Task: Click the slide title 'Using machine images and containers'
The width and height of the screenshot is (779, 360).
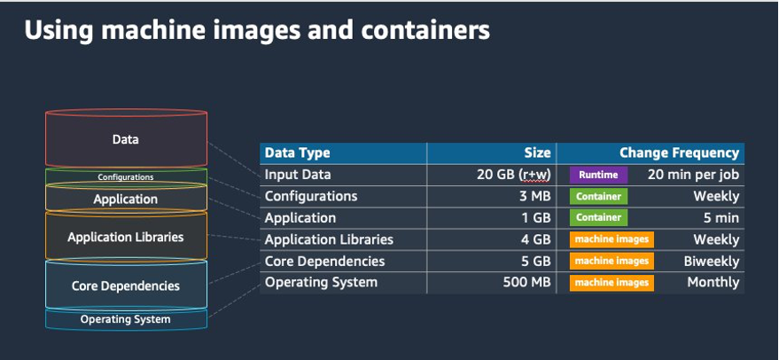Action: click(x=257, y=31)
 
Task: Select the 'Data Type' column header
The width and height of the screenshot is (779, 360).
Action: click(x=297, y=153)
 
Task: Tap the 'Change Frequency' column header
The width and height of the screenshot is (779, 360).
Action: click(x=679, y=153)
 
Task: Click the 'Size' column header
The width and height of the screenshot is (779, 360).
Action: click(x=537, y=153)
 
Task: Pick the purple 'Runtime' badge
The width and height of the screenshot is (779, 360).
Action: click(x=598, y=175)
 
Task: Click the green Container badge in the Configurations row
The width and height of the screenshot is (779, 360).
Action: click(x=598, y=196)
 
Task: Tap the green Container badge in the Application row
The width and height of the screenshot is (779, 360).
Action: click(x=598, y=218)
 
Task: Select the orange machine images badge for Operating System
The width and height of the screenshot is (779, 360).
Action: click(x=611, y=283)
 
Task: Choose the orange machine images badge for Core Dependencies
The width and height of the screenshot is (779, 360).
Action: click(x=611, y=262)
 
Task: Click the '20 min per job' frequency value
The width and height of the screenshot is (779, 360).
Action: click(x=693, y=175)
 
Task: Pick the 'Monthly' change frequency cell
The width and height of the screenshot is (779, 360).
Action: click(x=713, y=283)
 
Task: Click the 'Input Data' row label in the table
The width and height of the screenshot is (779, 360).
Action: click(x=295, y=175)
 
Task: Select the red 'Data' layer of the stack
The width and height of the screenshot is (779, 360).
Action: click(x=126, y=139)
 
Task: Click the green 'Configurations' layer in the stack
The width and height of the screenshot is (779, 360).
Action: click(x=126, y=177)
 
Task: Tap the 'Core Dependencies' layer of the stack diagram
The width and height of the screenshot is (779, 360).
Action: click(x=126, y=286)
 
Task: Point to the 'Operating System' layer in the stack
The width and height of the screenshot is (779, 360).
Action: click(x=126, y=319)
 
